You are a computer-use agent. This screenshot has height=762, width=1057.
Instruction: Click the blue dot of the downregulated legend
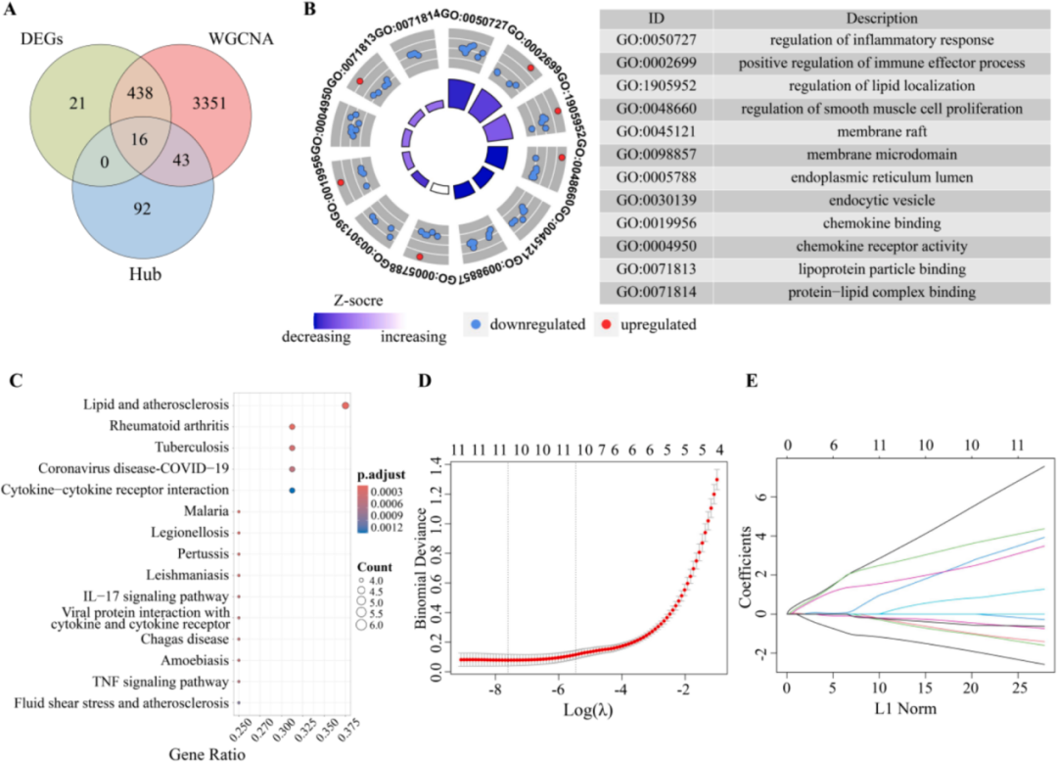[478, 323]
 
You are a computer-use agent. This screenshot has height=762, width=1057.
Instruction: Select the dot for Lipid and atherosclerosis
[345, 405]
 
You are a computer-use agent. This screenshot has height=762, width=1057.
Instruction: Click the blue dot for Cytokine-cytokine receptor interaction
[293, 490]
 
